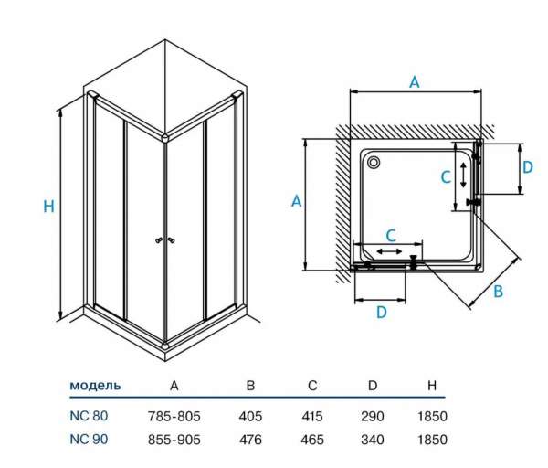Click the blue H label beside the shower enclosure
(49, 207)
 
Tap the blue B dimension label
(498, 292)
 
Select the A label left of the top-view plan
(296, 202)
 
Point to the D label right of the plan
(527, 167)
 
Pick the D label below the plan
(382, 312)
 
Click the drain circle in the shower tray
(374, 163)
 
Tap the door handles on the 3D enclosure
(166, 240)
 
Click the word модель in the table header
(95, 385)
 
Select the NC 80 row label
(88, 415)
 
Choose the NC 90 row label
(88, 438)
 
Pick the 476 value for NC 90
(250, 438)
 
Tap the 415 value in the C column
(312, 415)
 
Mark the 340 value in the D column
(373, 438)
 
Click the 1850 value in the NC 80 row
(432, 415)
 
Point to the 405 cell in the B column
(250, 415)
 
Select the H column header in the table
(432, 385)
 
